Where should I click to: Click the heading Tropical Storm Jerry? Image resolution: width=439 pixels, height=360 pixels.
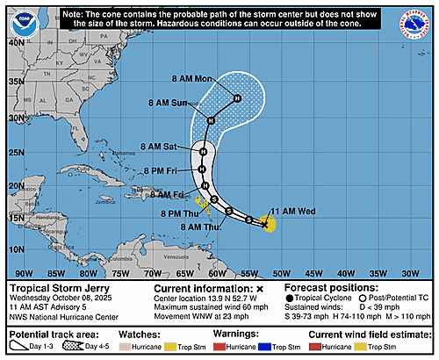tap(55, 288)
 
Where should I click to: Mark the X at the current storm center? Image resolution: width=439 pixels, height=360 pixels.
tap(264, 225)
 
